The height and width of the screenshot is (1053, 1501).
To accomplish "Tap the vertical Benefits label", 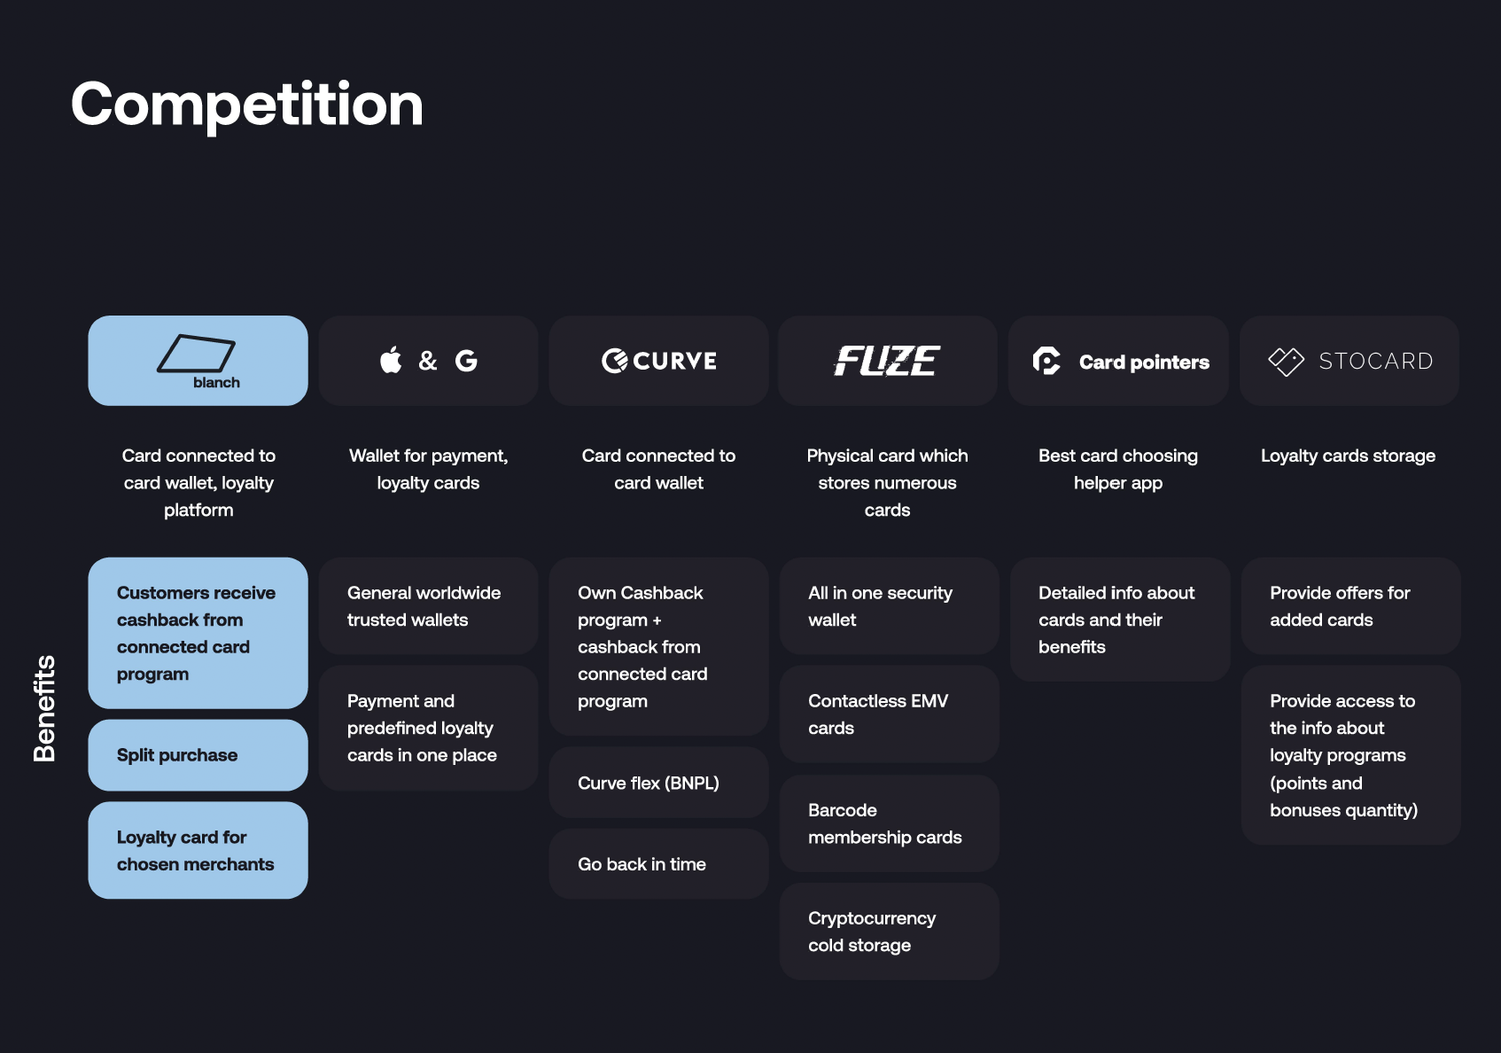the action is coord(44,708).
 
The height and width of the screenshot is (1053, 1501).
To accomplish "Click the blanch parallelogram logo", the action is coord(197,354).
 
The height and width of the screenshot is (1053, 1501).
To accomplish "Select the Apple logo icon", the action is coord(391,359).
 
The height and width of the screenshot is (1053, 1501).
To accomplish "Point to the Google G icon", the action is coord(466,361).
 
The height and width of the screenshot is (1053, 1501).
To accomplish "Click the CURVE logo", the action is coord(658,361).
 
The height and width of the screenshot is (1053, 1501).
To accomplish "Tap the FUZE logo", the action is coord(887,361).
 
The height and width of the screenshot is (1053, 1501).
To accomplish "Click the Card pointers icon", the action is coord(1046,361).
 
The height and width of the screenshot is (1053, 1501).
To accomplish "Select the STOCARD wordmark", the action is coord(1376,362).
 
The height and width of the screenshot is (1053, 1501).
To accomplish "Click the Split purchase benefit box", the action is coord(198,754).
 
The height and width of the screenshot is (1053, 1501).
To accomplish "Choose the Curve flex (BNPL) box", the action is coord(658,782).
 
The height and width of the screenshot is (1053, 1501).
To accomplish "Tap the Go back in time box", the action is coord(658,863).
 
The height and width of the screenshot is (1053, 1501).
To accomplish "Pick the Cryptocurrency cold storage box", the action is coord(890,931).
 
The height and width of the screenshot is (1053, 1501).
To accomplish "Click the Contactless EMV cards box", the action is coord(890,714).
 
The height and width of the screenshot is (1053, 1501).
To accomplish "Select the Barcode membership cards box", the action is coord(890,823).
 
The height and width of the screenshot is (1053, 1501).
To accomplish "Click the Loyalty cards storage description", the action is coord(1349,456).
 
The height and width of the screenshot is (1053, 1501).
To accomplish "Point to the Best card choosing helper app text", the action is coord(1117,469).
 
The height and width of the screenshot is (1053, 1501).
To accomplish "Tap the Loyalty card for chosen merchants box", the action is coord(198,850).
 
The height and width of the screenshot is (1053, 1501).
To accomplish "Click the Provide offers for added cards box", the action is coord(1351,606).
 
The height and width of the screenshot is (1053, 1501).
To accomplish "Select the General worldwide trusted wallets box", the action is coord(428,606).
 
